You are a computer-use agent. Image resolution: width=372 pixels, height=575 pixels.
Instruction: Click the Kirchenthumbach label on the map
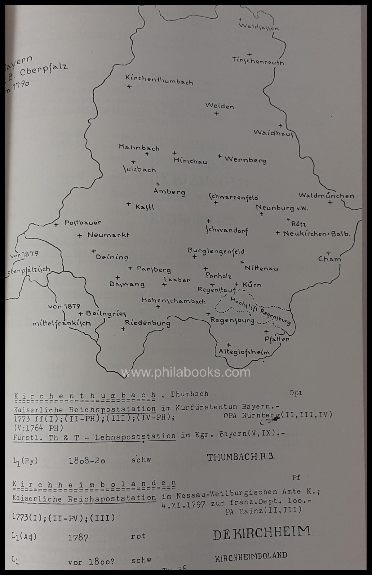click(159, 80)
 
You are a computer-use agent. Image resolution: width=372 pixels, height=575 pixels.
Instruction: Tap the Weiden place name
click(219, 106)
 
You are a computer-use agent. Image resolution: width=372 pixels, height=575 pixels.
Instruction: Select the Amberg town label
click(169, 192)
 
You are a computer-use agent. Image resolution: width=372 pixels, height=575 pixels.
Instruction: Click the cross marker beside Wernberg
click(219, 156)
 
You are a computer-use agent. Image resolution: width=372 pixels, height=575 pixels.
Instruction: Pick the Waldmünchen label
click(326, 196)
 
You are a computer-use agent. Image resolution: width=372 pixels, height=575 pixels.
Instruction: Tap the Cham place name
click(330, 259)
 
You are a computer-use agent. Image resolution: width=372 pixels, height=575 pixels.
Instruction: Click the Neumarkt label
click(108, 235)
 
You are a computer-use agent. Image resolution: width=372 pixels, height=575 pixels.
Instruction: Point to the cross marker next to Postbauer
click(56, 225)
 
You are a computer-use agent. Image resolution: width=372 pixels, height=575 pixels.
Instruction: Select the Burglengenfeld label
click(216, 251)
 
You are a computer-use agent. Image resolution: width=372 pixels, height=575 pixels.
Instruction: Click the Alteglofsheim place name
click(244, 352)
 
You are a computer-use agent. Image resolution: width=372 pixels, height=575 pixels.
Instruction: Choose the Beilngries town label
click(106, 314)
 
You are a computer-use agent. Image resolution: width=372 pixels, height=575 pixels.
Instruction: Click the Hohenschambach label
click(174, 301)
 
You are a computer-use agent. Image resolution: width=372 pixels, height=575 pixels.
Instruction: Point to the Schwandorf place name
click(227, 231)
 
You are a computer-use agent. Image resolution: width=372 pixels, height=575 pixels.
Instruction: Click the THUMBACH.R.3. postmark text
click(241, 457)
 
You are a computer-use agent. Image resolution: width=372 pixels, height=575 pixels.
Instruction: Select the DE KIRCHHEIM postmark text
click(261, 532)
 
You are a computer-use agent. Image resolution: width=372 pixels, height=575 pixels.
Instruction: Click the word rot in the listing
click(138, 536)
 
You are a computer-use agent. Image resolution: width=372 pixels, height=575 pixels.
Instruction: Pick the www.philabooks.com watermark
click(186, 372)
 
